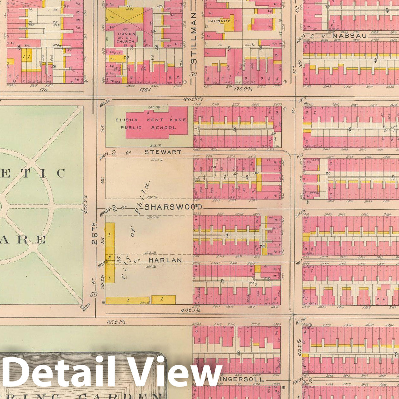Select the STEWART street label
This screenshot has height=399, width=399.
[163, 152]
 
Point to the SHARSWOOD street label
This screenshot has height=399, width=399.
[173, 207]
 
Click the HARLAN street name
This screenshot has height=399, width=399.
[165, 260]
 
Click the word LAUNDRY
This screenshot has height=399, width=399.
[219, 21]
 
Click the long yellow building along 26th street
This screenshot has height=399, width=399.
[110, 252]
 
